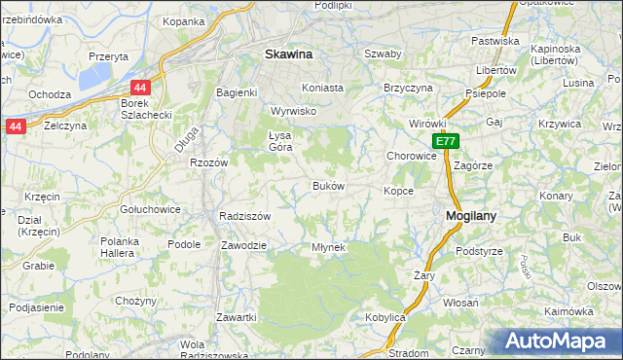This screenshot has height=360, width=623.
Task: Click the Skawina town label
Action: click(x=288, y=55)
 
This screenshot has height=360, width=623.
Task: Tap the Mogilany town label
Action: click(x=472, y=217)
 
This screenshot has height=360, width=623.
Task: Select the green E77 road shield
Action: click(x=445, y=142)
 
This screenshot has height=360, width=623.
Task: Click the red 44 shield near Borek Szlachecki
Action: click(x=141, y=87)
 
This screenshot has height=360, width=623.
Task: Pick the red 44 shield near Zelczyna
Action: click(x=15, y=126)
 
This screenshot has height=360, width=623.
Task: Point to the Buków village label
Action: click(x=328, y=185)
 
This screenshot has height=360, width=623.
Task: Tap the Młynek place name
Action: click(x=328, y=247)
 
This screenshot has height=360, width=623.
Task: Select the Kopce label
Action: click(x=399, y=191)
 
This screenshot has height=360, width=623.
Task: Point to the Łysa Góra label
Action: click(x=279, y=141)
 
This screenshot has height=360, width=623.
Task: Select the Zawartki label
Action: click(x=237, y=317)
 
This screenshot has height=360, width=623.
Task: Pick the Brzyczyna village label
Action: click(x=408, y=87)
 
